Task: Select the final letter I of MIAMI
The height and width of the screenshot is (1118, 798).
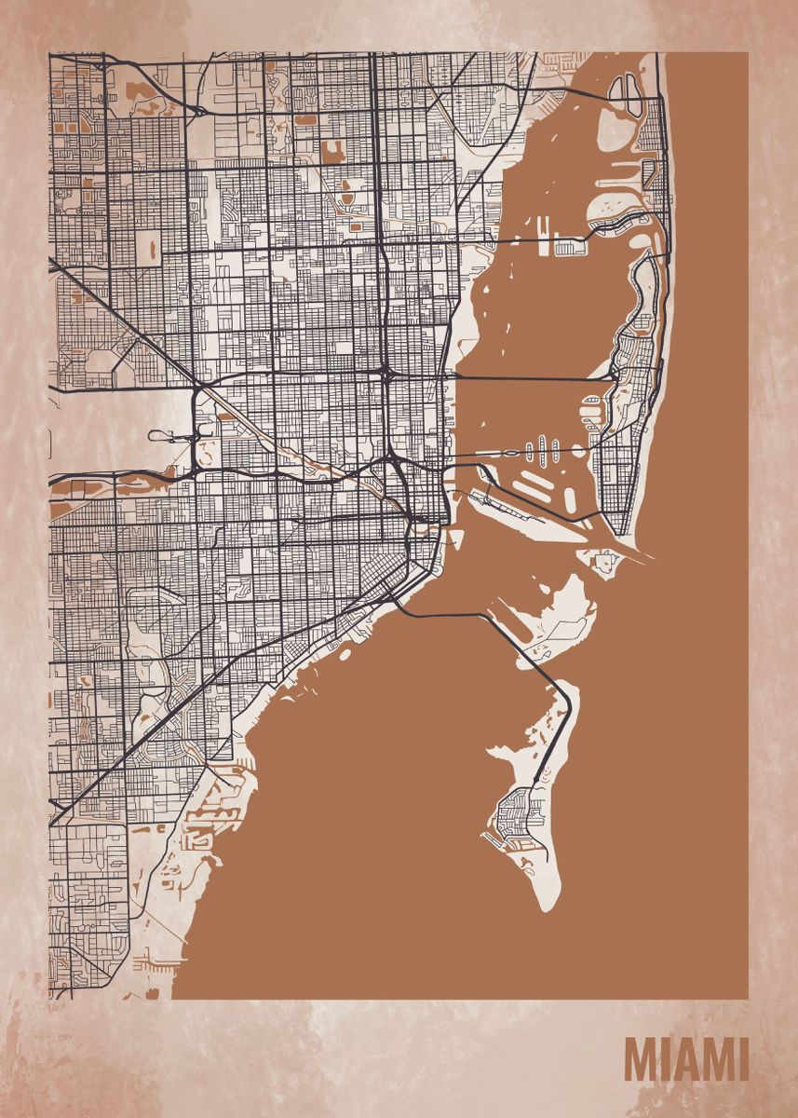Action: coord(743,1059)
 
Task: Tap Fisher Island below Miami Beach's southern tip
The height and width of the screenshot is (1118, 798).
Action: coord(604,561)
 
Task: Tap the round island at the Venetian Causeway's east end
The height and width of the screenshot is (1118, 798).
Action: coord(578,451)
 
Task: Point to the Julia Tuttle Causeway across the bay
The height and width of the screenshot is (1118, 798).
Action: coord(531,378)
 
